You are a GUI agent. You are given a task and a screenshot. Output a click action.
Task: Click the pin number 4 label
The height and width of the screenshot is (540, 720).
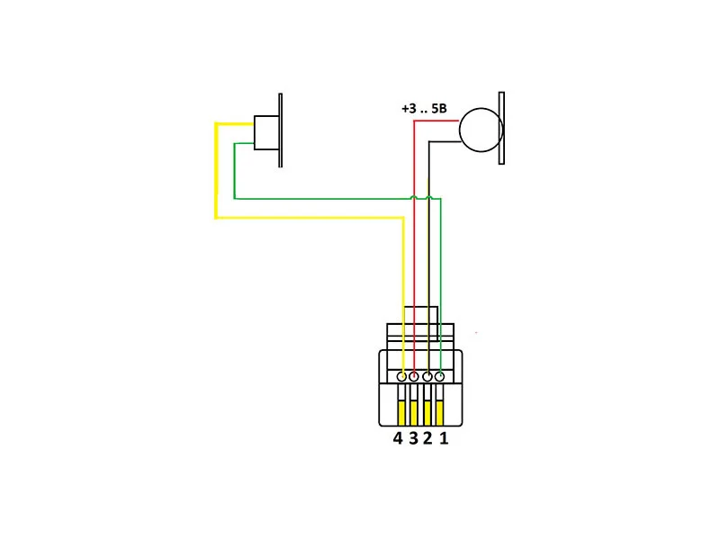coord(398,439)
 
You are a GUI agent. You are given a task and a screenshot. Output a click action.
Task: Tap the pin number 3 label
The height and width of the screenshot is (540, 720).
coord(413,439)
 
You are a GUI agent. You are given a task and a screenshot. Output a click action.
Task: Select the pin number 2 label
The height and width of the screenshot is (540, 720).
coord(427,439)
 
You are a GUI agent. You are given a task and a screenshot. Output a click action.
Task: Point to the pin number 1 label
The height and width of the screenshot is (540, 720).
coord(443,439)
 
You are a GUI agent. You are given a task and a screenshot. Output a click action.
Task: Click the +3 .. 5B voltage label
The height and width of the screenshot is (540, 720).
coord(424,109)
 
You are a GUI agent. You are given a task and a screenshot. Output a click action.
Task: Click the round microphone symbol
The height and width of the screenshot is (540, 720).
coord(479,129)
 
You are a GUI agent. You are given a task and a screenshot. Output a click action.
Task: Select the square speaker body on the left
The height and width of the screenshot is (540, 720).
coord(266,132)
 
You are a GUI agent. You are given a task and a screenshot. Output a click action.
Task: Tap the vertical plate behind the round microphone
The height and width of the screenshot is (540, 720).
coord(501,128)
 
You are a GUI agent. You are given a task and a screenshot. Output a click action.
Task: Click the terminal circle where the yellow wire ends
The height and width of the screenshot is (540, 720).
coord(401,375)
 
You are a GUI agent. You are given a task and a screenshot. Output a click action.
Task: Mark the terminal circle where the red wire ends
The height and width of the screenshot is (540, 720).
coord(414,375)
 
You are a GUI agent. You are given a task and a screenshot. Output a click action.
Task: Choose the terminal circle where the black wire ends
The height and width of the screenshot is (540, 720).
coord(427,375)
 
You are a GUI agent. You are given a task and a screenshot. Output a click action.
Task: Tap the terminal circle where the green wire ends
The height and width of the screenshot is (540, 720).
coord(440,375)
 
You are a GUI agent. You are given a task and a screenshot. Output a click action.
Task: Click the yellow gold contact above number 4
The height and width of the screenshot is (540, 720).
coord(400,412)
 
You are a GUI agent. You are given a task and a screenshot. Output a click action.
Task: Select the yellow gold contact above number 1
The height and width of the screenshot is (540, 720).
coord(440,412)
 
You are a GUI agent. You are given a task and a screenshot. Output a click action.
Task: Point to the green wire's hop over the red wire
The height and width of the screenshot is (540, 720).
coord(414,196)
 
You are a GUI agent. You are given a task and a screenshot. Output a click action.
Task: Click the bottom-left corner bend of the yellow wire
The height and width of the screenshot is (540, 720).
coord(216,217)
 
